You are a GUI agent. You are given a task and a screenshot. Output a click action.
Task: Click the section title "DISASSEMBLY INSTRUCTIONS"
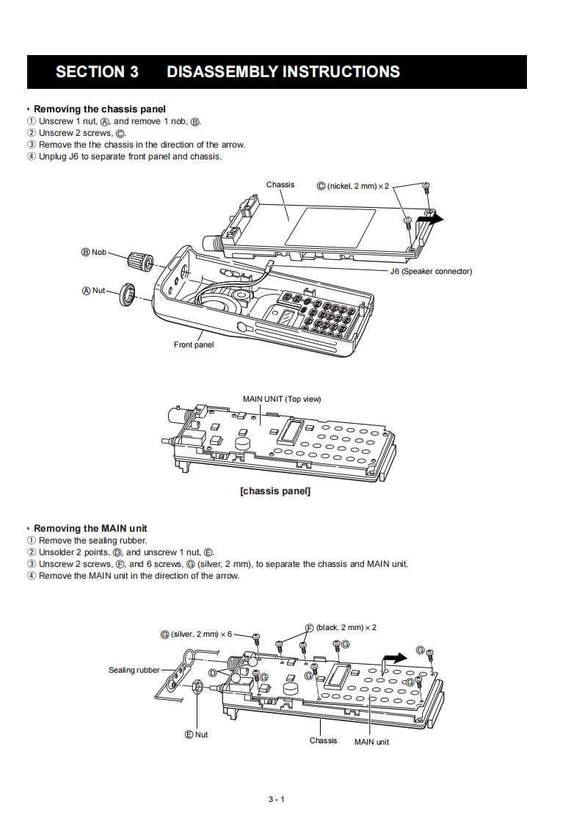tap(283, 72)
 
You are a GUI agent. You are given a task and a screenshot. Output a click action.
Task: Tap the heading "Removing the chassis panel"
tap(100, 109)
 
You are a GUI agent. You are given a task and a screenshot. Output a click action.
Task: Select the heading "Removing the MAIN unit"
tap(90, 528)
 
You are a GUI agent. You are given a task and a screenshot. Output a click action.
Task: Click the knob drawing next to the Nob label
tap(140, 260)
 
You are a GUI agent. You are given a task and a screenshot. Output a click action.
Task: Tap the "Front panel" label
tap(194, 344)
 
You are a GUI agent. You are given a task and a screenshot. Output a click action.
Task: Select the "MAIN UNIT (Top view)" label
tap(282, 399)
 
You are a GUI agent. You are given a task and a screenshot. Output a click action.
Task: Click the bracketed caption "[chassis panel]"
tap(275, 491)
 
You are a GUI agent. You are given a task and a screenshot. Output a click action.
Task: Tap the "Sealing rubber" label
tap(134, 670)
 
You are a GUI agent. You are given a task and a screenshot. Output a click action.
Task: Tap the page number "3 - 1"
tap(276, 799)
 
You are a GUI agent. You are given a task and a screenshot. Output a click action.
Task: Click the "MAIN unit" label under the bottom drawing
tap(371, 742)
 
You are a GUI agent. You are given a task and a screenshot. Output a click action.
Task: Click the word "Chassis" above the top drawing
tap(280, 184)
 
